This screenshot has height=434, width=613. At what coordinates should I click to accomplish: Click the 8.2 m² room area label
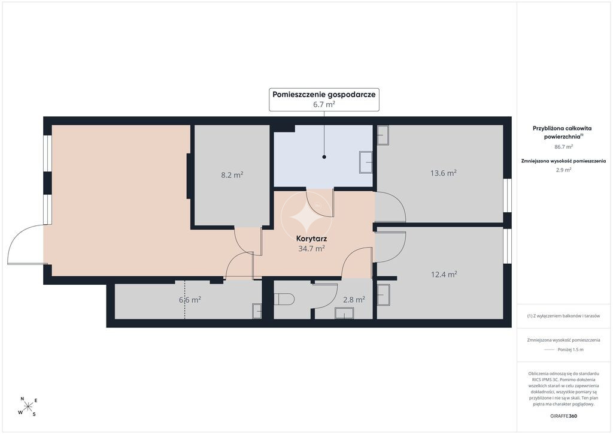tap(232, 175)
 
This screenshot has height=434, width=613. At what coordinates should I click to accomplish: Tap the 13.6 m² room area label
tap(444, 173)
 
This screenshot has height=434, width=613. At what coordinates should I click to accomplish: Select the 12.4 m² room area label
tap(444, 275)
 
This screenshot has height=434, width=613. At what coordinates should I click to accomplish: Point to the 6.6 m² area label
tap(190, 300)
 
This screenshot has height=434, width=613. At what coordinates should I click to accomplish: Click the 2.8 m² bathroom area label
tap(354, 300)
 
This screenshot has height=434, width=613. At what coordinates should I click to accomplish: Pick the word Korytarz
tap(311, 239)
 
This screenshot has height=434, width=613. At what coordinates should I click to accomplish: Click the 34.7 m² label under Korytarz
tap(311, 248)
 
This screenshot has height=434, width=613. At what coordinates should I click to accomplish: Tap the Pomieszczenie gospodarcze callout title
tap(324, 94)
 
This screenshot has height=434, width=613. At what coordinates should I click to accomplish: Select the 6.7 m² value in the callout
tap(324, 104)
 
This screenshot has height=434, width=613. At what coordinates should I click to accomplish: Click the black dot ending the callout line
tap(324, 157)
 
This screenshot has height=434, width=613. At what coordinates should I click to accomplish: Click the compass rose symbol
tap(28, 406)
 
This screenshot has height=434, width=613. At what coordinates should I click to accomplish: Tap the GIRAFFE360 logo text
tap(563, 416)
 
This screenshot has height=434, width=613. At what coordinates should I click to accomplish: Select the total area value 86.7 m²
tap(563, 147)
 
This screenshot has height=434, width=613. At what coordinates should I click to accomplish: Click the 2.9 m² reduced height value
tap(563, 170)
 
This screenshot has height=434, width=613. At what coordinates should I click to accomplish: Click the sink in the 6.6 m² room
tap(257, 311)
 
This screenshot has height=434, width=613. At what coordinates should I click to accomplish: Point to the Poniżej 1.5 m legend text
tap(570, 349)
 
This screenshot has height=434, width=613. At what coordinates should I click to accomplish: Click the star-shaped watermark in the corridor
tap(306, 218)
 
